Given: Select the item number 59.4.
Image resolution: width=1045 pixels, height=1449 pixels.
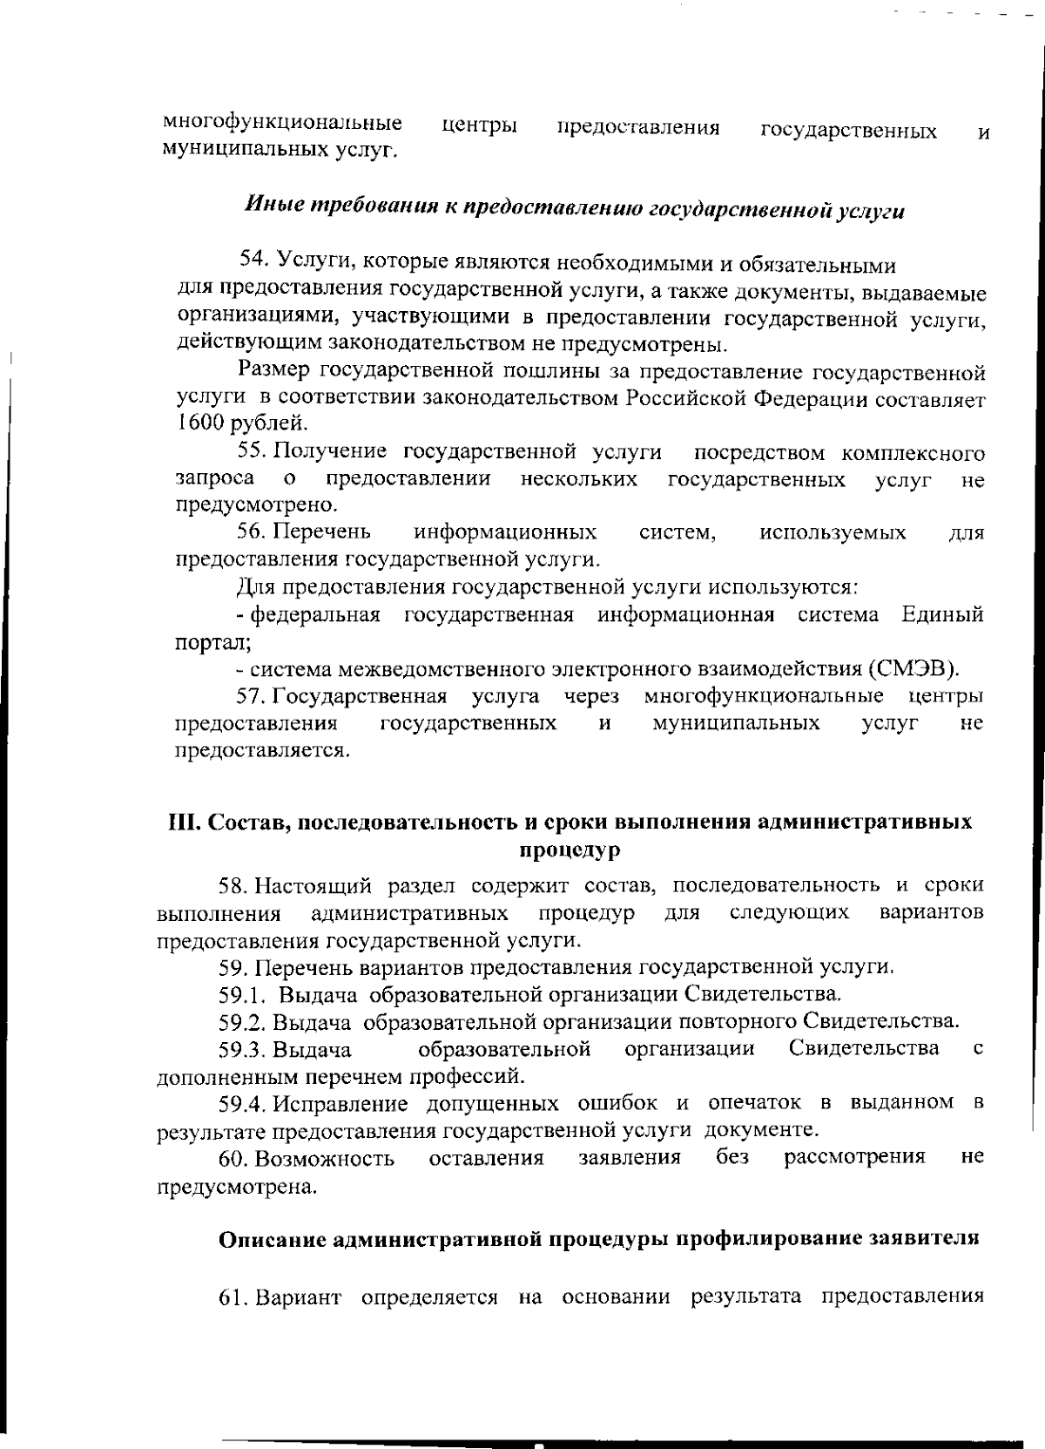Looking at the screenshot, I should (242, 1103).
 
